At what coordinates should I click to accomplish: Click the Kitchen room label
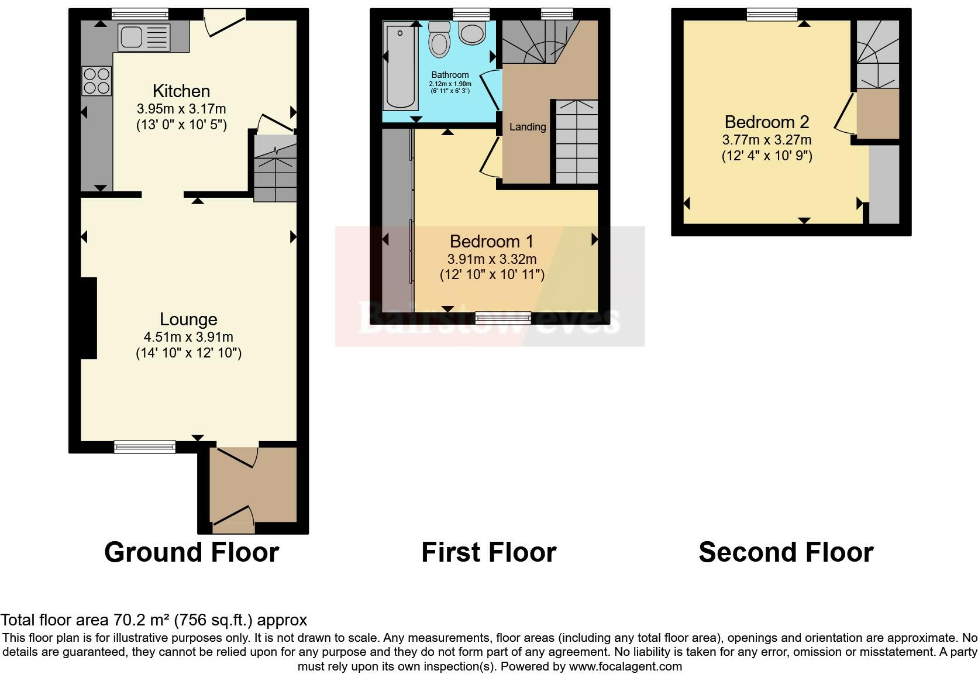click(x=181, y=91)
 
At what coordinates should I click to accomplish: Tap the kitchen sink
click(x=144, y=36)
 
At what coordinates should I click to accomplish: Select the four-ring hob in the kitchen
click(x=97, y=81)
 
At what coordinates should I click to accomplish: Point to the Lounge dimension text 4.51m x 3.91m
click(x=188, y=337)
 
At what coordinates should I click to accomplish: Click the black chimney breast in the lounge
click(x=89, y=318)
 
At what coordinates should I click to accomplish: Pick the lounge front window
click(x=145, y=447)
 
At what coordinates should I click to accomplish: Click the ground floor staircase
click(x=275, y=168)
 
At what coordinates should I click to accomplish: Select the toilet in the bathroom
click(x=439, y=39)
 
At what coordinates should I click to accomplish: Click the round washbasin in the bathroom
click(x=473, y=33)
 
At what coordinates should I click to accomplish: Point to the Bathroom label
click(x=450, y=75)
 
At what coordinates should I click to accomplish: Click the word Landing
click(x=528, y=127)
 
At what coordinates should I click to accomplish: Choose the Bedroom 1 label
click(x=491, y=241)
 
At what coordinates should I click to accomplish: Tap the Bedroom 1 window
click(x=504, y=318)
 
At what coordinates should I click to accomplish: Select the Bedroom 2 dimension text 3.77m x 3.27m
click(x=767, y=140)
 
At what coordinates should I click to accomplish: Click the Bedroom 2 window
click(x=772, y=15)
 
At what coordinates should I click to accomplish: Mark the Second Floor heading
click(x=786, y=552)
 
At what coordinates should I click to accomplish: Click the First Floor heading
click(x=489, y=552)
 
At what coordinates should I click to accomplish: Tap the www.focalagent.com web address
click(x=626, y=666)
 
